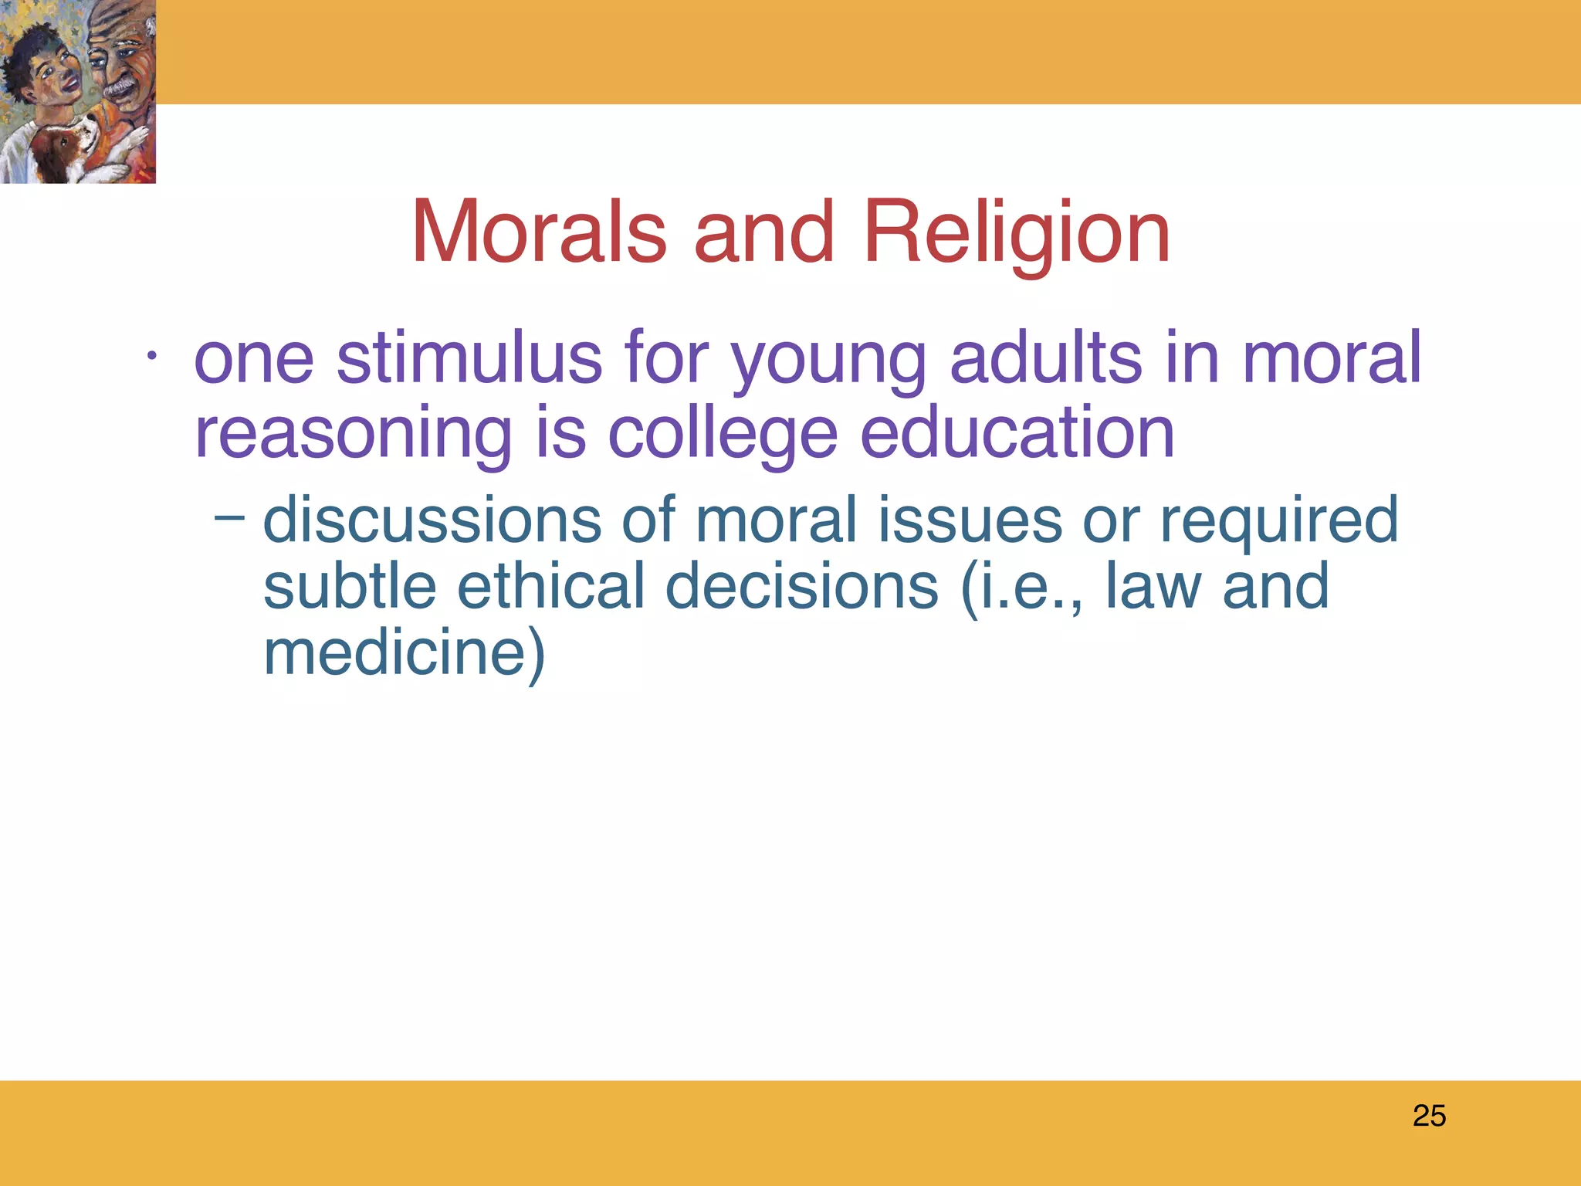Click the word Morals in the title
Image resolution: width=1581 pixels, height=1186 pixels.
tap(539, 232)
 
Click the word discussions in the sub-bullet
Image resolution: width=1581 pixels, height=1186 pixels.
tap(432, 520)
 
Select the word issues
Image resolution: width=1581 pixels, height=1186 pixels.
tap(970, 520)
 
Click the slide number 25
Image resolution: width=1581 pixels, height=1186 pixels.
tap(1429, 1116)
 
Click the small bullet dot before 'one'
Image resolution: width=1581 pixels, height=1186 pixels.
tap(152, 357)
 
